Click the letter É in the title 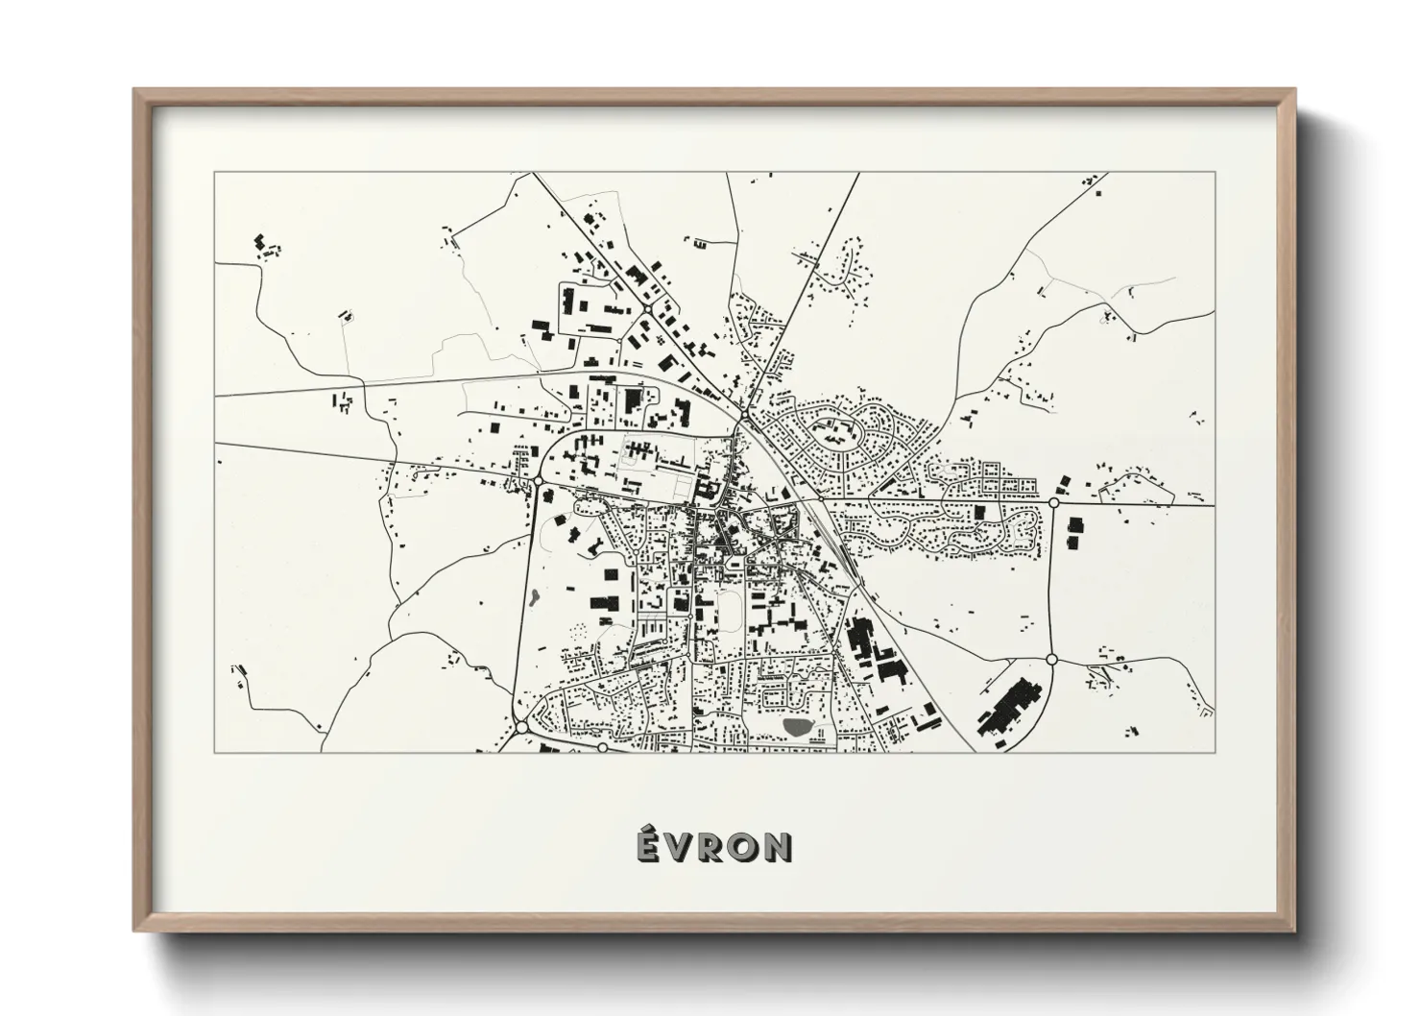pyautogui.click(x=648, y=845)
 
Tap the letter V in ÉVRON pyautogui.click(x=679, y=847)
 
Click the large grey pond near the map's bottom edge pyautogui.click(x=797, y=727)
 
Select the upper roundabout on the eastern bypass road pyautogui.click(x=1053, y=502)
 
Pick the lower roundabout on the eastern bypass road pyautogui.click(x=1051, y=659)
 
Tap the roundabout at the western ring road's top pyautogui.click(x=539, y=478)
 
